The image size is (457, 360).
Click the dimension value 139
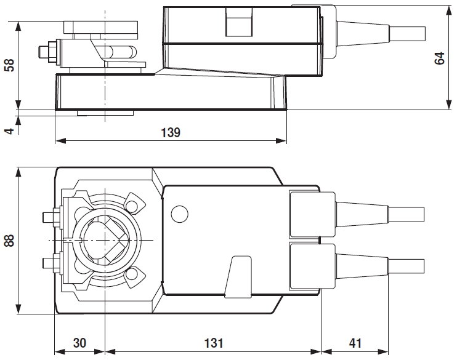point(171,132)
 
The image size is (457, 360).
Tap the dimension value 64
point(439,58)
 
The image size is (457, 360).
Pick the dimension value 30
point(79,343)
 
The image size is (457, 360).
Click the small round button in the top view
point(179,214)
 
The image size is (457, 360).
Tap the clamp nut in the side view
point(52,50)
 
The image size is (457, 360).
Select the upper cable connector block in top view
point(304,214)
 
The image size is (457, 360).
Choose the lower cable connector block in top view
point(304,266)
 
